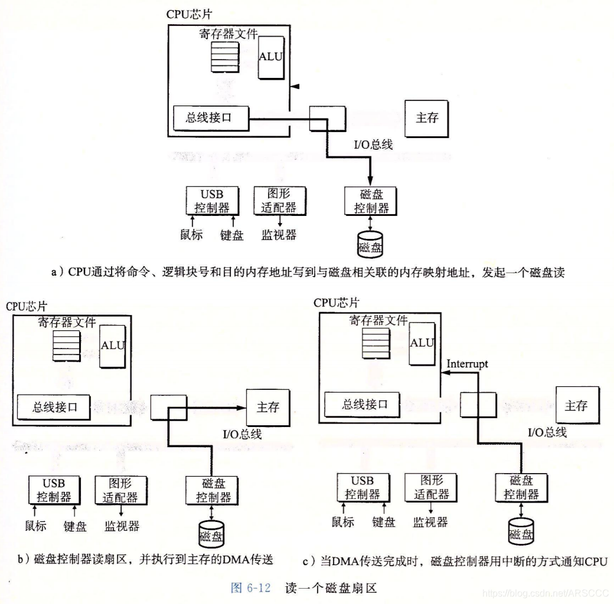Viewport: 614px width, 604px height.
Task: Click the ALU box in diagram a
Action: (271, 60)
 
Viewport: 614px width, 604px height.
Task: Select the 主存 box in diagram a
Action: (427, 118)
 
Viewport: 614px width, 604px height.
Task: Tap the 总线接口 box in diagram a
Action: (208, 117)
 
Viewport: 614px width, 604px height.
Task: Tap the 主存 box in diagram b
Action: (267, 407)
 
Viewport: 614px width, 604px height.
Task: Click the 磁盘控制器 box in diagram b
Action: (213, 491)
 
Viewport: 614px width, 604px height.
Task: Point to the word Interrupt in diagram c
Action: (468, 363)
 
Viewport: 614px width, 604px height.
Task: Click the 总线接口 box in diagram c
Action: (365, 405)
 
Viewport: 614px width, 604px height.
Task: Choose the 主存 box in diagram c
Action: (576, 406)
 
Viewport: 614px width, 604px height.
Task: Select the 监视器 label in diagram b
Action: (122, 525)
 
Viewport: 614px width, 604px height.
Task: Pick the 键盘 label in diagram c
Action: (384, 521)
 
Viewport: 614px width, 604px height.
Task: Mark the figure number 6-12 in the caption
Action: (257, 587)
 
